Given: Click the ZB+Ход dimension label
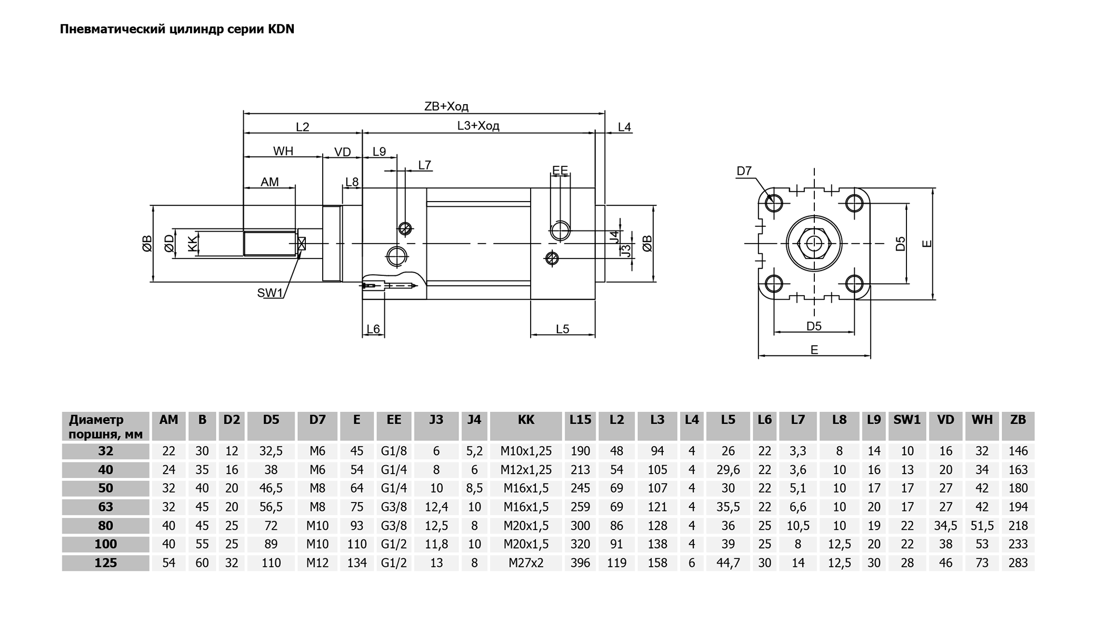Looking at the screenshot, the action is pyautogui.click(x=446, y=106).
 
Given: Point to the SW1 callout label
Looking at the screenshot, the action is pyautogui.click(x=270, y=293).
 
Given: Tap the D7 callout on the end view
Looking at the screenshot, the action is pyautogui.click(x=744, y=171).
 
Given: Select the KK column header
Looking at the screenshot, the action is pyautogui.click(x=526, y=419).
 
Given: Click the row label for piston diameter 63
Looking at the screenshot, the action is pyautogui.click(x=105, y=507).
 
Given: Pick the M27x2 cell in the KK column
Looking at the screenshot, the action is pyautogui.click(x=526, y=563).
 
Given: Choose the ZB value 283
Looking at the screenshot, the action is pyautogui.click(x=1018, y=563).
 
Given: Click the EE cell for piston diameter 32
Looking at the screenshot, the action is pyautogui.click(x=394, y=451).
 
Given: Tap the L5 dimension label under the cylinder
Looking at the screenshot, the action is pyautogui.click(x=563, y=329).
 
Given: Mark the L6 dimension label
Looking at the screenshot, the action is pyautogui.click(x=373, y=329).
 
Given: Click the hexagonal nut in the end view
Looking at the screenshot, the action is pyautogui.click(x=814, y=244).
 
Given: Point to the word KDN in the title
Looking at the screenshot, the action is pyautogui.click(x=281, y=29).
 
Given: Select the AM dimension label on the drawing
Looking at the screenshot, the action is pyautogui.click(x=270, y=182).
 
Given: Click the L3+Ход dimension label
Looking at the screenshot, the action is pyautogui.click(x=478, y=126).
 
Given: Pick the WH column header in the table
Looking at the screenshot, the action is pyautogui.click(x=982, y=419).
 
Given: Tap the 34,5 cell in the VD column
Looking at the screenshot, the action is pyautogui.click(x=945, y=525).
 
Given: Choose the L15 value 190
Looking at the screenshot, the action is pyautogui.click(x=580, y=451).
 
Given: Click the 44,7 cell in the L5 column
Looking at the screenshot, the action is pyautogui.click(x=728, y=563).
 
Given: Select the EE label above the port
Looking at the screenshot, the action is pyautogui.click(x=560, y=170).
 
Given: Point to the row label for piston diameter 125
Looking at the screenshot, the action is pyautogui.click(x=105, y=563).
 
